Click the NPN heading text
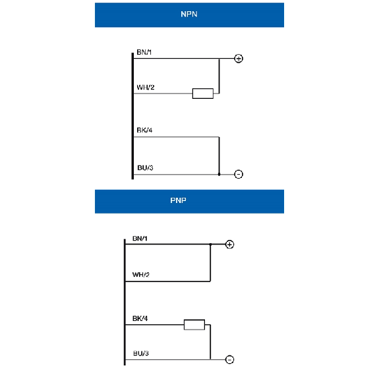pyautogui.click(x=189, y=15)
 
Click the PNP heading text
pyautogui.click(x=178, y=200)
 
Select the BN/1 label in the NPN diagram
pyautogui.click(x=144, y=52)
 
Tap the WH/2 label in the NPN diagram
pyautogui.click(x=146, y=87)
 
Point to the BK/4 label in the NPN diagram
pyautogui.click(x=144, y=130)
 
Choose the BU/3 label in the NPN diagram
pyautogui.click(x=145, y=167)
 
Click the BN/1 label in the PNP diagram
pyautogui.click(x=140, y=239)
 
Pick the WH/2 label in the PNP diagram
pyautogui.click(x=141, y=275)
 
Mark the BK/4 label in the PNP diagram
pyautogui.click(x=140, y=318)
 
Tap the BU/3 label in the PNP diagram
pyautogui.click(x=141, y=353)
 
